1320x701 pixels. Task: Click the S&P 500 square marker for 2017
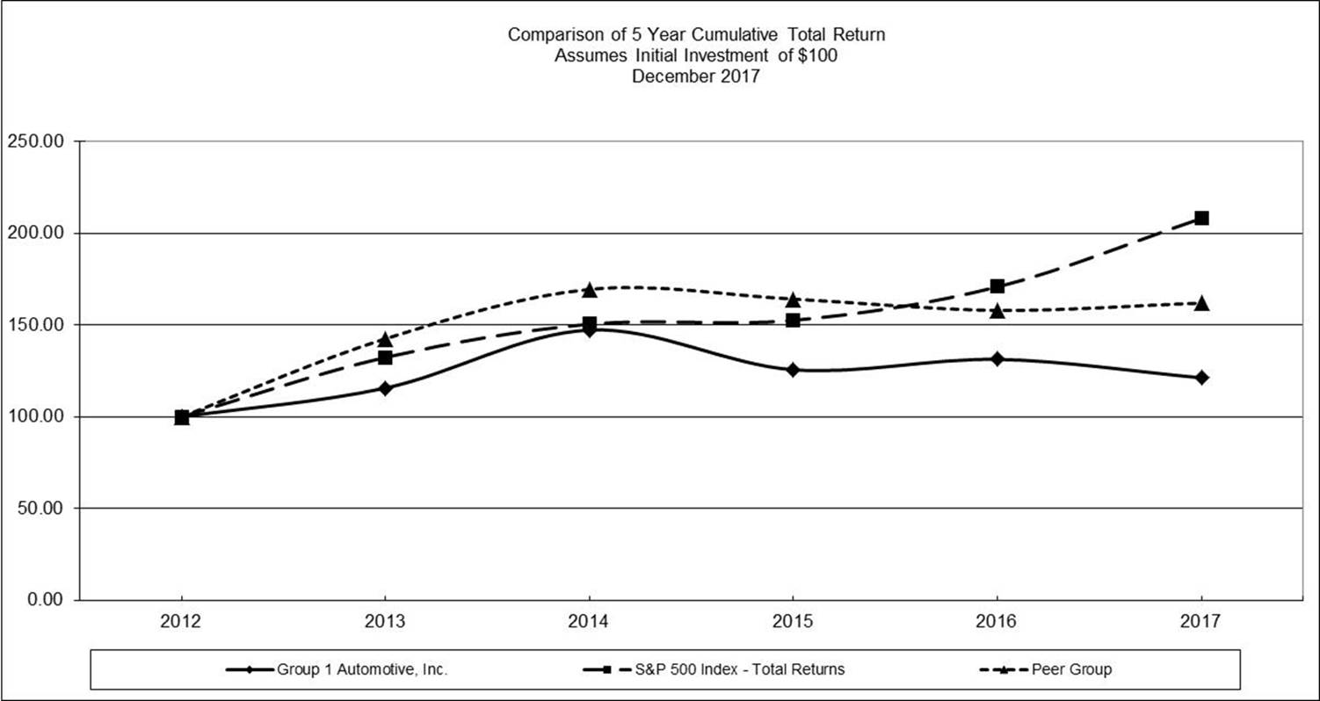tap(1201, 218)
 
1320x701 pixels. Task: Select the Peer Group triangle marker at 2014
tap(589, 290)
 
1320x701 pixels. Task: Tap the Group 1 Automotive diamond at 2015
tap(793, 370)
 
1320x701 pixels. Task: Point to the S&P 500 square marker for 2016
tap(997, 286)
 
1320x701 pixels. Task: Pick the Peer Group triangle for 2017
tap(1201, 303)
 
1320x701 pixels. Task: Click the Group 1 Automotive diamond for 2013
tap(385, 388)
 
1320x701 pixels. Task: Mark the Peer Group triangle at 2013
tap(385, 339)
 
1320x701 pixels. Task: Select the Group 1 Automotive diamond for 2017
tap(1201, 378)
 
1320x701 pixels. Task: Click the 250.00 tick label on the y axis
tap(39, 141)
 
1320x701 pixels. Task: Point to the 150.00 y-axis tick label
tap(39, 325)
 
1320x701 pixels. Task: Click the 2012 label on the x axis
tap(181, 622)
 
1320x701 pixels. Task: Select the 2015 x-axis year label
tap(793, 622)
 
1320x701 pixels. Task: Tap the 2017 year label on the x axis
tap(1201, 622)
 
